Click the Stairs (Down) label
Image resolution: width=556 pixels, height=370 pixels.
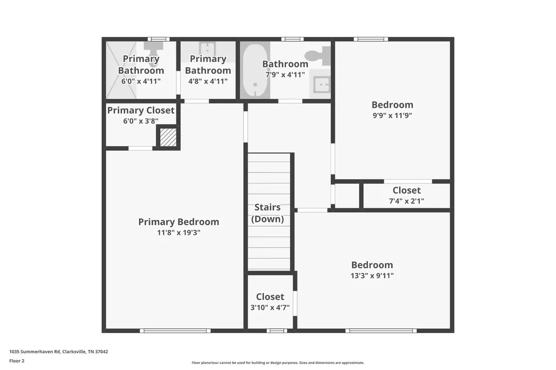coord(267,213)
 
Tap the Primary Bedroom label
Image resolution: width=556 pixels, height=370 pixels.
coord(179,222)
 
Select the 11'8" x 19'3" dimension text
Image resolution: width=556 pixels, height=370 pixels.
coord(179,233)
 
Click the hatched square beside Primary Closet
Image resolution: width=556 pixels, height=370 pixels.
coord(168,137)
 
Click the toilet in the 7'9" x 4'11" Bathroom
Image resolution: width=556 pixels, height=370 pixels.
coord(318,55)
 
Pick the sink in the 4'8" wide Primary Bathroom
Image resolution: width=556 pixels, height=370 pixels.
coord(207,49)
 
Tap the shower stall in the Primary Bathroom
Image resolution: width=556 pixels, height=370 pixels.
coord(121,70)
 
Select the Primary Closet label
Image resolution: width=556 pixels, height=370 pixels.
coord(141,110)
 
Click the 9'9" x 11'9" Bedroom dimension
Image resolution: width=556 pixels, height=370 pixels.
coord(392,115)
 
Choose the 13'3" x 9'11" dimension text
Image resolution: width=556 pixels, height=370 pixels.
coord(372,276)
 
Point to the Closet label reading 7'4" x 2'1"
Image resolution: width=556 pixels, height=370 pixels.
coord(406,190)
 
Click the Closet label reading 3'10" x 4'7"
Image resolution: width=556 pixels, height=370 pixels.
coord(270,297)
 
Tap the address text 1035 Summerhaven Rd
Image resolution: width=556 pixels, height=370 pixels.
coord(35,352)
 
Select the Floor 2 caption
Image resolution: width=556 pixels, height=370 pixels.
coord(17,361)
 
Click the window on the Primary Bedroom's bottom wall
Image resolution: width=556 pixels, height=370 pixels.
coord(175,330)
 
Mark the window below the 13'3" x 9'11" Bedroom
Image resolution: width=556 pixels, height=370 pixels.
coord(381,330)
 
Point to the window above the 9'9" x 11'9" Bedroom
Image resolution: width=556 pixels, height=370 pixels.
coord(371,39)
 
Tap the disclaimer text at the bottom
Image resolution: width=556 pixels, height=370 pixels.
coord(278,362)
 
